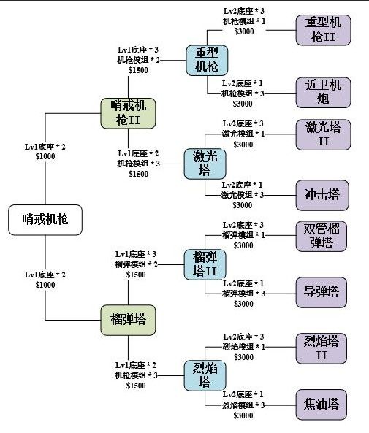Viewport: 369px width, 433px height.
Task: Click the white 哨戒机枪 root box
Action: point(45,220)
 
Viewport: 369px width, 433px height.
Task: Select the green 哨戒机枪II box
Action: point(128,113)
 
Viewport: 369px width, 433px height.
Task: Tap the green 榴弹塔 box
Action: point(128,320)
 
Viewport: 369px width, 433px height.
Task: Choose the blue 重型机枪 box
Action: point(207,60)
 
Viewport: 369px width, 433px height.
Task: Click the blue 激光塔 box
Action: point(205,164)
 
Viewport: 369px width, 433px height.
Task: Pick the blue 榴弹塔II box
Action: point(205,264)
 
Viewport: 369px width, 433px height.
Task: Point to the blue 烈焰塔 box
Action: point(205,375)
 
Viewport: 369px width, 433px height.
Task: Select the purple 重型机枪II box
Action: point(323,30)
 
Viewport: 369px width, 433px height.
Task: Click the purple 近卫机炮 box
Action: point(323,92)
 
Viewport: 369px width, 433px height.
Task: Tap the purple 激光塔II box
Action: point(323,135)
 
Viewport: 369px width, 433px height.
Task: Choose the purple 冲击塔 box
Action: point(322,195)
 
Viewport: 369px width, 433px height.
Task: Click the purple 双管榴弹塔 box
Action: point(322,236)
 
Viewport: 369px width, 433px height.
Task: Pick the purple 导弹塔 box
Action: point(322,293)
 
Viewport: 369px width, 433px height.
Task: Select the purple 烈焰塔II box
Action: point(322,348)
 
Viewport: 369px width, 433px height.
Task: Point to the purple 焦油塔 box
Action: point(322,405)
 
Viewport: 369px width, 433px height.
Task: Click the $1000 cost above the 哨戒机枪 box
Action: point(45,156)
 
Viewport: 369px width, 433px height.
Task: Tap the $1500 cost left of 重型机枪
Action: point(138,70)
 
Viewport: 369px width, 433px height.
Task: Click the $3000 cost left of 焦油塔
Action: point(243,415)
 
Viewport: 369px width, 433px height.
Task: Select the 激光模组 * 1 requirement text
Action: point(243,134)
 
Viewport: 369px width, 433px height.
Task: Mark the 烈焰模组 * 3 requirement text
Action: point(243,405)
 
